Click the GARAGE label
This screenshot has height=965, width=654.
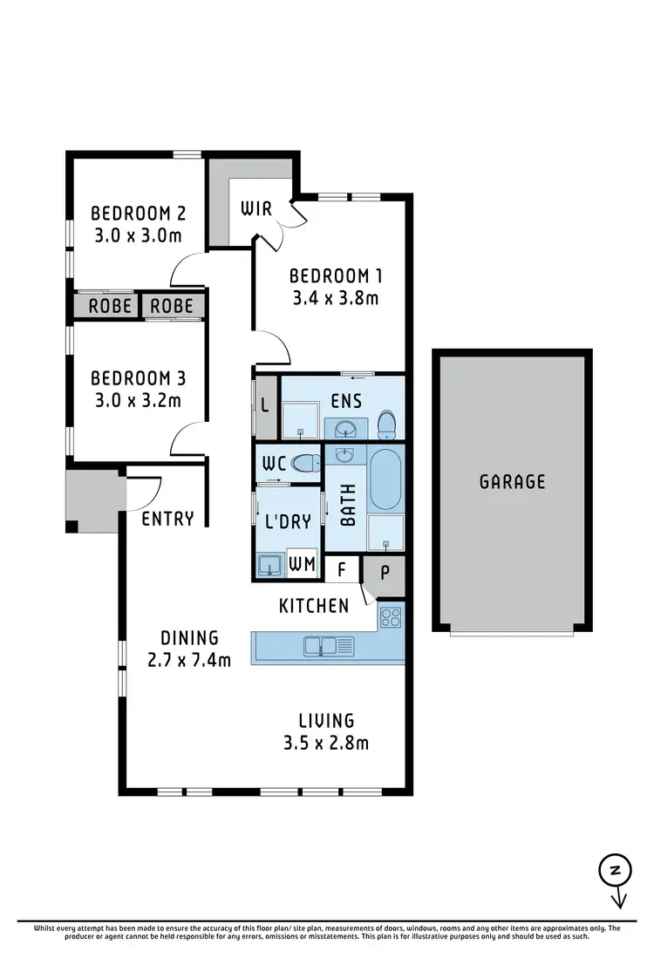point(512,481)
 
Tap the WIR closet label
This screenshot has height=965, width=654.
point(256,209)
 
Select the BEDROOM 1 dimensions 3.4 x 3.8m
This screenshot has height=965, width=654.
point(336,298)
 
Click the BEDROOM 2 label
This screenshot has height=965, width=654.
point(138,213)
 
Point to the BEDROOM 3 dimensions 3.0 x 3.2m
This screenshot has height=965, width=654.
point(137,401)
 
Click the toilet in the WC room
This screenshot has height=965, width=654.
point(306,464)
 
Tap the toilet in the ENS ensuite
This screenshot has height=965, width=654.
point(386,425)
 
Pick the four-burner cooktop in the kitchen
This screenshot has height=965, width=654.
point(391,617)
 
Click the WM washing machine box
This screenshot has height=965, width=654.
point(302,564)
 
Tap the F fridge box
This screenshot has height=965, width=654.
point(343,571)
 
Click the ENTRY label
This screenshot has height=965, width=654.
point(167,519)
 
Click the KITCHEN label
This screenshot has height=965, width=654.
point(314,605)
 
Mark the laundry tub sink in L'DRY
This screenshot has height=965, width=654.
point(269,566)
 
